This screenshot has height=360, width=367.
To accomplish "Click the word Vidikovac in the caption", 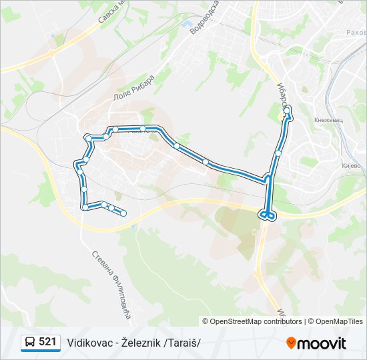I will (89, 343).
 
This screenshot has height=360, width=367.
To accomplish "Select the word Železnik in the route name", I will (143, 343).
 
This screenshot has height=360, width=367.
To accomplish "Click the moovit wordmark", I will (322, 343).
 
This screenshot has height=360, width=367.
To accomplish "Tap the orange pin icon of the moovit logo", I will (291, 343).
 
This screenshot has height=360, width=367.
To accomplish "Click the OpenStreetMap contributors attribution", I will (256, 321).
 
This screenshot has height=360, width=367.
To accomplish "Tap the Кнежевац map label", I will (328, 121).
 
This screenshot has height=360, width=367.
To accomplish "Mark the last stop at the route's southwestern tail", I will (123, 213).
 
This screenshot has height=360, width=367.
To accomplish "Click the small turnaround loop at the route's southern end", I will (266, 215).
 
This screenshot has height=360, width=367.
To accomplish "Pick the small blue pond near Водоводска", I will (184, 25).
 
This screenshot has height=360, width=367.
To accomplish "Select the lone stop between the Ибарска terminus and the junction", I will (278, 153).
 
